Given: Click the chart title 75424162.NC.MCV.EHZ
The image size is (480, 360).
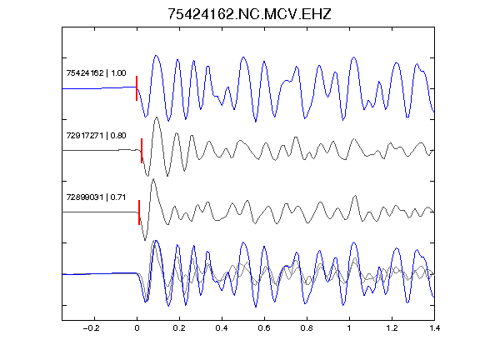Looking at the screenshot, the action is coord(249,14).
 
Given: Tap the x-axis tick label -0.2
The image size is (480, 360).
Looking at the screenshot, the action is coord(92,328).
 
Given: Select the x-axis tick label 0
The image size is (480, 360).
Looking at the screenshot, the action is coord(137,328).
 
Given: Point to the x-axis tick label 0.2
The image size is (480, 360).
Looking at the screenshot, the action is coord(179,328).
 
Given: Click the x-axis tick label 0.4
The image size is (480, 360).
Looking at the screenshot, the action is coord(222,328).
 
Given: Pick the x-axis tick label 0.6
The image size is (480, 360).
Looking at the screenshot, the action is coord(264,328).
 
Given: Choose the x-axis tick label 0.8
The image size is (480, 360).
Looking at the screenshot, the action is coord(307,328).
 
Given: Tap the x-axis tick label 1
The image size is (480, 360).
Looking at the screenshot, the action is coord(349,328).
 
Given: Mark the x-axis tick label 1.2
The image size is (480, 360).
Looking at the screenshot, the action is coord(392,328).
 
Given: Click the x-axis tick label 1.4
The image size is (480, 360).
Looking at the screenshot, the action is coord(434,328).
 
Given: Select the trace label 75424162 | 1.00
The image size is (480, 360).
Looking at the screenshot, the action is coord(96,73).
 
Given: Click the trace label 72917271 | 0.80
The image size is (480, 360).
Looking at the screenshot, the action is coord(96,135).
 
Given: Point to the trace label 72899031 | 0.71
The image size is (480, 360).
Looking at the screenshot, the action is coord(96,197).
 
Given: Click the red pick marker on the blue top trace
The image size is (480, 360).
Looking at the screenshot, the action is coord(137,88).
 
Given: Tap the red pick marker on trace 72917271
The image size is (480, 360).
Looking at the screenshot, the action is coord(142,151).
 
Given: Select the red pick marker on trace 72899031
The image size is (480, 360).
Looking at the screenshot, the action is coord(139,212).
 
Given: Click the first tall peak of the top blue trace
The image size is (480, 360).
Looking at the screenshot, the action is coord(156,56).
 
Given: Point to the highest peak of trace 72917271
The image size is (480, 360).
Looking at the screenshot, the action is coord(157,117).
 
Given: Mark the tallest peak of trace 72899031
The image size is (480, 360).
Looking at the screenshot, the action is coord(153,179).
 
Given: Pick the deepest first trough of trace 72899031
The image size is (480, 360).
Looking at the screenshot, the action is coord(145,240).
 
